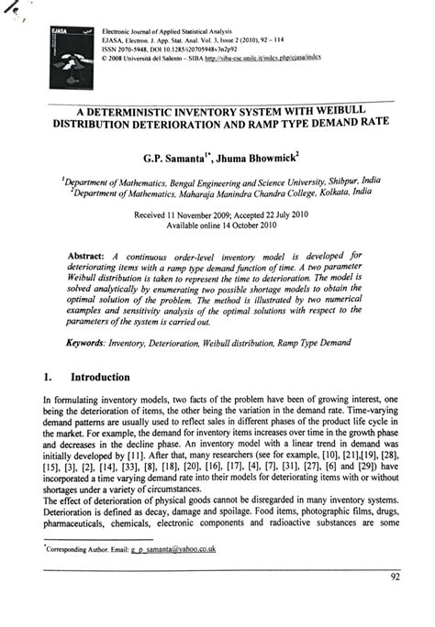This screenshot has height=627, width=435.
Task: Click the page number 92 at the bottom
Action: click(396, 603)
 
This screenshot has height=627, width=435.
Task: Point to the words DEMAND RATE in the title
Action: click(352, 120)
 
